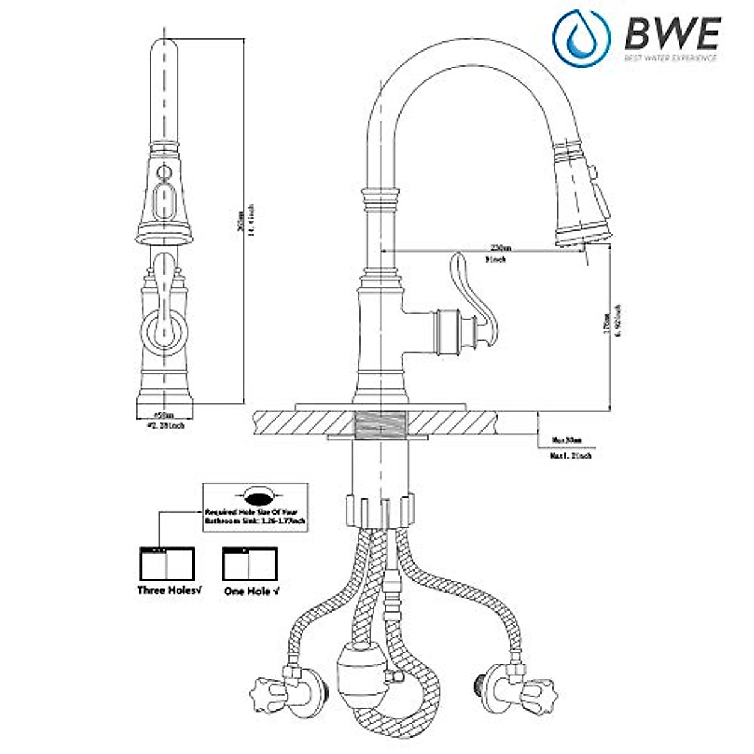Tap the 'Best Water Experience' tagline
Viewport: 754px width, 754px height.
[x=670, y=58]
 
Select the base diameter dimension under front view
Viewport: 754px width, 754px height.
[x=164, y=420]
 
